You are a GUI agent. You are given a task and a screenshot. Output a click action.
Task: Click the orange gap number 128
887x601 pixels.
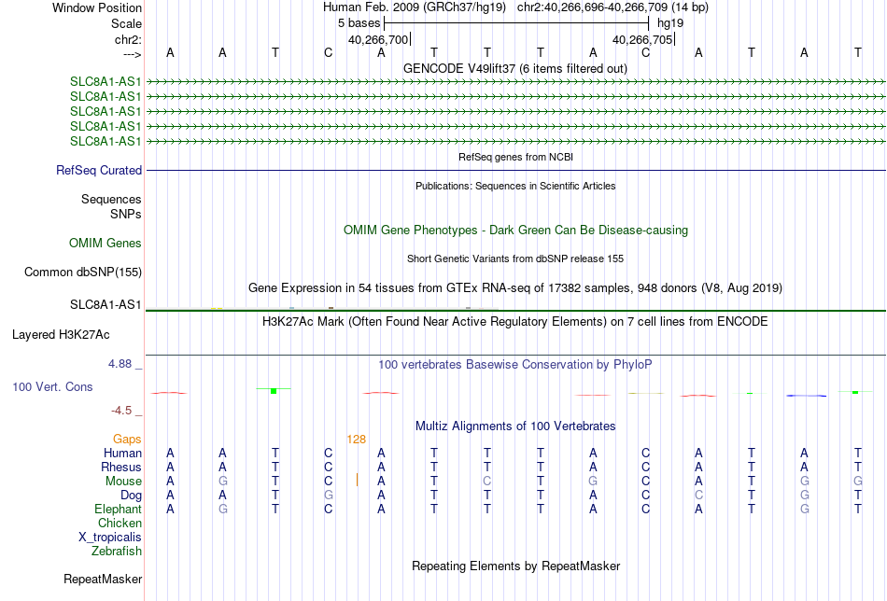click(x=357, y=440)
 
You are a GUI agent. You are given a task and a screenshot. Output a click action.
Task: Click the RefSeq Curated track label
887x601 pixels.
click(x=99, y=170)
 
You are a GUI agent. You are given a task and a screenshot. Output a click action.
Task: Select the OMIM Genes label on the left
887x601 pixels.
click(x=106, y=244)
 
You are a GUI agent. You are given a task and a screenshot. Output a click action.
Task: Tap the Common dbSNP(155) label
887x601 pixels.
click(x=83, y=272)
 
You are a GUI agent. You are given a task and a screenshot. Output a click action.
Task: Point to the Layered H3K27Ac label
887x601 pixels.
click(x=61, y=335)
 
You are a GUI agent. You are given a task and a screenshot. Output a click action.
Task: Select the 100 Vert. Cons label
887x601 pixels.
click(x=52, y=386)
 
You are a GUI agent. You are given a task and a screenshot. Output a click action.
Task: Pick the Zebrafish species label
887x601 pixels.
click(x=117, y=552)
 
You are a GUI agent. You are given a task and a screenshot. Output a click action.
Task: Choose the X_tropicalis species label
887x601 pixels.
click(x=110, y=538)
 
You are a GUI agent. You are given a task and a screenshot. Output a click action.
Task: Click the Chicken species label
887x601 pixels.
click(x=120, y=523)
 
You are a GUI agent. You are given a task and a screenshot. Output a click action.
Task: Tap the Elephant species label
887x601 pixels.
click(x=118, y=510)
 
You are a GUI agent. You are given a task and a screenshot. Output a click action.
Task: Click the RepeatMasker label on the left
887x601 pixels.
click(x=103, y=579)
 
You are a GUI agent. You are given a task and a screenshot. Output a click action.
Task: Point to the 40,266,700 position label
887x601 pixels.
click(x=378, y=39)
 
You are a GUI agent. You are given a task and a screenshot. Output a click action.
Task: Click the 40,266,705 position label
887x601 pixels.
click(x=642, y=39)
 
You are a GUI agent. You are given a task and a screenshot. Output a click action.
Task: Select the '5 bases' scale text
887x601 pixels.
click(x=359, y=23)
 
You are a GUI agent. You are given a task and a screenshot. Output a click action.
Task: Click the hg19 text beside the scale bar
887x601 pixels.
click(x=670, y=23)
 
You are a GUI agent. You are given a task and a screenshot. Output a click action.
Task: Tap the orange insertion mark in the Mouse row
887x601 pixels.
click(x=357, y=480)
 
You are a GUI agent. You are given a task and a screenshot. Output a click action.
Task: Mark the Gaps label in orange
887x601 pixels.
click(x=127, y=440)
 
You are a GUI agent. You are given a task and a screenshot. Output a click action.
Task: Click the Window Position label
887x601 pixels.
click(x=97, y=7)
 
